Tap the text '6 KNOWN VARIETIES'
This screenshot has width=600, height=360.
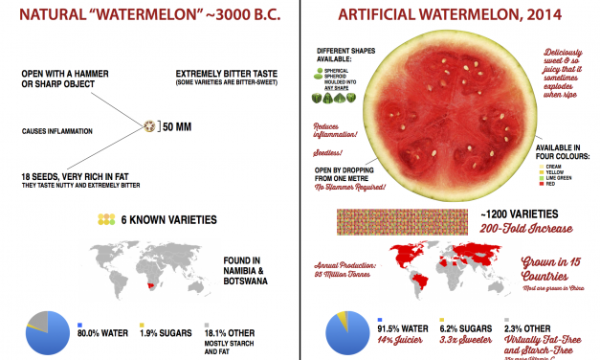(168, 219)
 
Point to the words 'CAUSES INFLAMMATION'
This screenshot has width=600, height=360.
(57, 129)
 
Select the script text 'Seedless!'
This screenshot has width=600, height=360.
(330, 153)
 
